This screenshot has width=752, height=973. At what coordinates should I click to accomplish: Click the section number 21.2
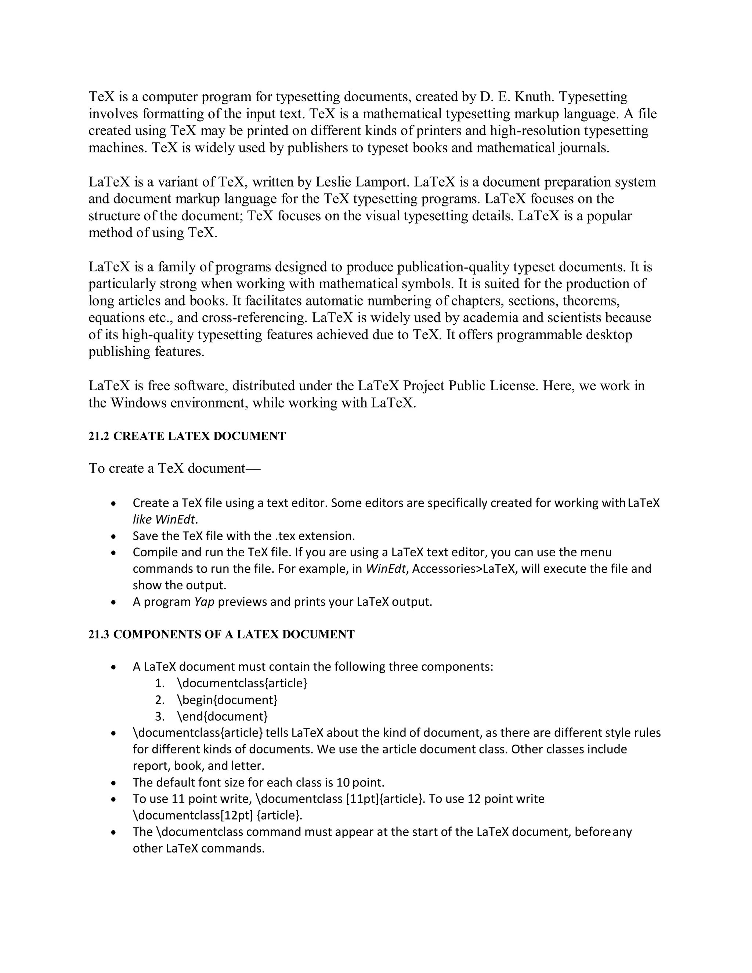click(x=98, y=436)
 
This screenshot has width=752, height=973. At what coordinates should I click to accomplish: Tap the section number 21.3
click(x=98, y=634)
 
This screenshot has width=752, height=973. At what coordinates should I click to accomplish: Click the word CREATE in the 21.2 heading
click(x=138, y=436)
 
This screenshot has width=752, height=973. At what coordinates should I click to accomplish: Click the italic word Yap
click(x=205, y=602)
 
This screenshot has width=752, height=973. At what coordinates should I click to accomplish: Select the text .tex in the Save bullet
click(x=286, y=536)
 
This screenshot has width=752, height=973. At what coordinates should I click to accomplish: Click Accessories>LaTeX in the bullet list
click(x=464, y=569)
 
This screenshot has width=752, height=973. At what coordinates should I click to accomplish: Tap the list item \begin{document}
click(x=227, y=700)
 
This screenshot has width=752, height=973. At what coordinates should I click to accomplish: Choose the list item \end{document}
click(x=222, y=716)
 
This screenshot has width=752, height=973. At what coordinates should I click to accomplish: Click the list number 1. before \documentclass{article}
click(x=160, y=683)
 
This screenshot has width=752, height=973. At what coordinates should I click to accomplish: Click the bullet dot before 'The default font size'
click(x=114, y=783)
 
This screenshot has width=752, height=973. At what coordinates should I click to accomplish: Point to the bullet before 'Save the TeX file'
click(x=114, y=536)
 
